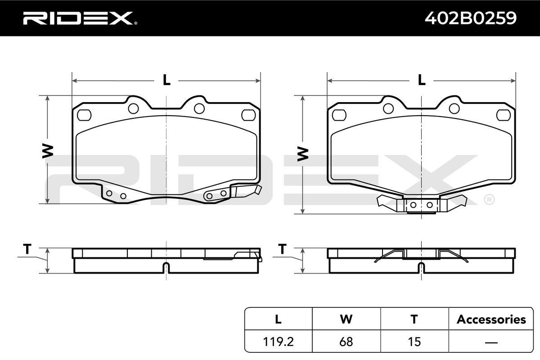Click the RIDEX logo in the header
[80, 18]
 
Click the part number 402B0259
[471, 18]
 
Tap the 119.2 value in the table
[278, 342]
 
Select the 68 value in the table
[346, 342]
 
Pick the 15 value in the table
[414, 342]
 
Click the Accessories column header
[491, 319]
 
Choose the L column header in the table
[278, 319]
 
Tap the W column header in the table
[346, 319]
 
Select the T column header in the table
[414, 319]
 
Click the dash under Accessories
[491, 342]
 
